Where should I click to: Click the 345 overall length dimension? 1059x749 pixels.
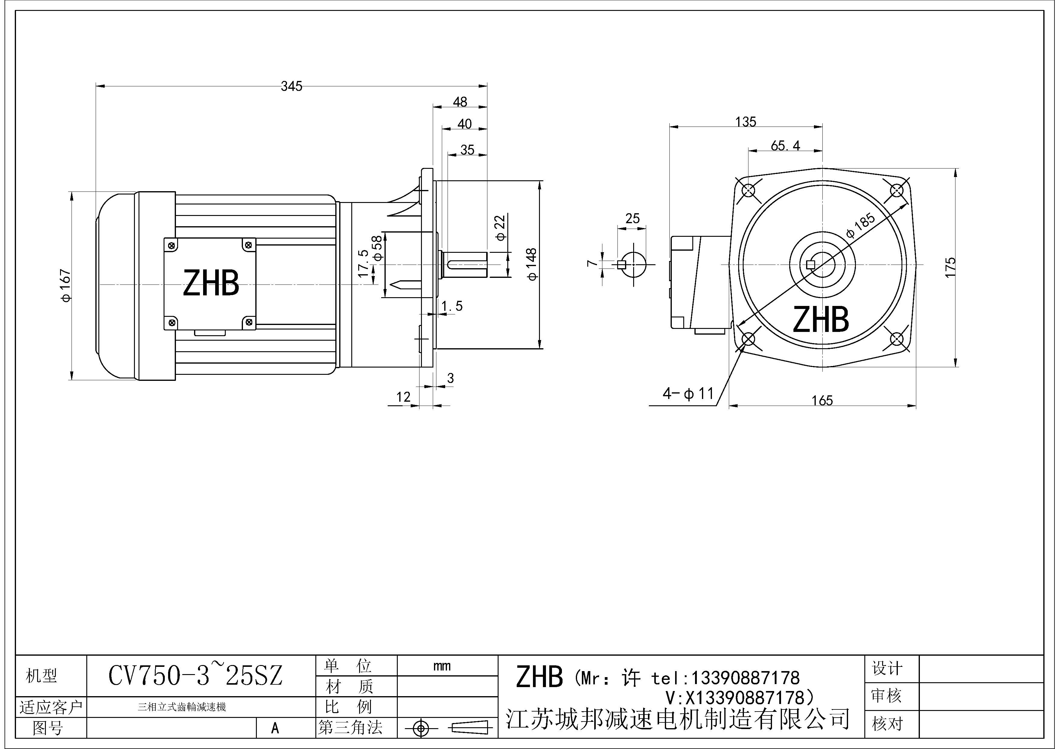(x=292, y=86)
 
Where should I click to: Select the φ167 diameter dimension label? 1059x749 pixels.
(x=66, y=285)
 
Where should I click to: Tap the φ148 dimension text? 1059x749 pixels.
(x=532, y=264)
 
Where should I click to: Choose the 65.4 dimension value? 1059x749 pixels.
(x=786, y=146)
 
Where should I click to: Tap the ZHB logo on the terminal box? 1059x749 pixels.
(x=211, y=283)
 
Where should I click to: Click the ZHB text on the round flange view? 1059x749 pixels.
(x=821, y=319)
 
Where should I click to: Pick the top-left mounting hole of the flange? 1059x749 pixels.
(x=748, y=190)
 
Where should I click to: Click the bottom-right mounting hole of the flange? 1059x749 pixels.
(x=897, y=339)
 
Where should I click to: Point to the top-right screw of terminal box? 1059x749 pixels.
(x=249, y=245)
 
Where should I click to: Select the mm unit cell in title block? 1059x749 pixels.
(x=442, y=666)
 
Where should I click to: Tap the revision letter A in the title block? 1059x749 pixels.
(x=275, y=728)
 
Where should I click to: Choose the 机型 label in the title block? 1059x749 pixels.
(x=42, y=676)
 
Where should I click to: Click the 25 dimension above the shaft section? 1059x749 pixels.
(x=632, y=218)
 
